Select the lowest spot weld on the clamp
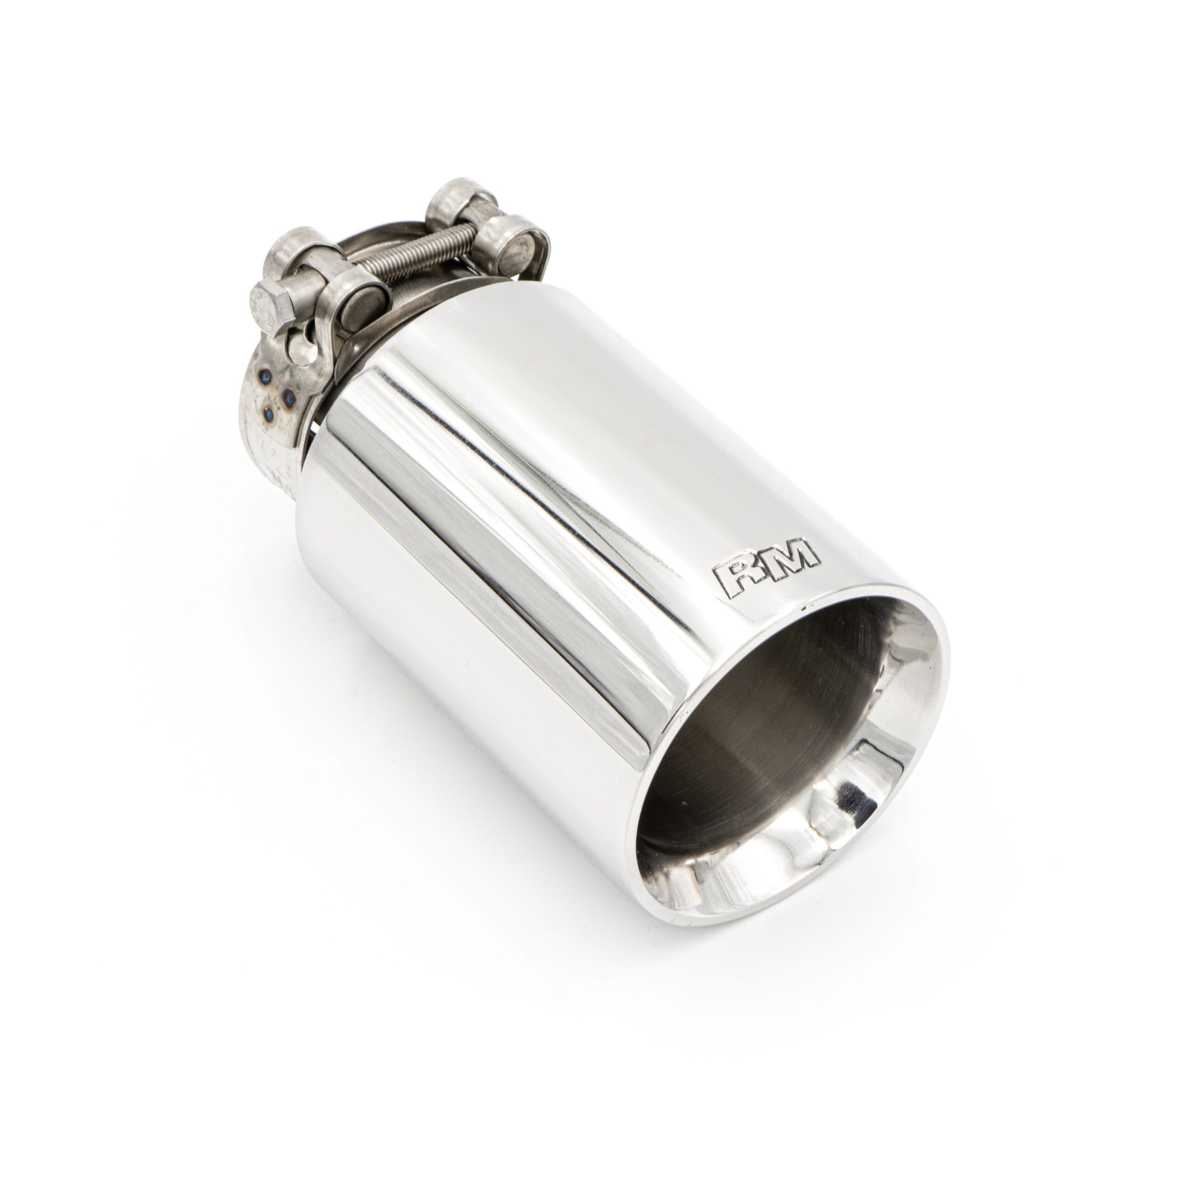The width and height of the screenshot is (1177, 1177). click(269, 415)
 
